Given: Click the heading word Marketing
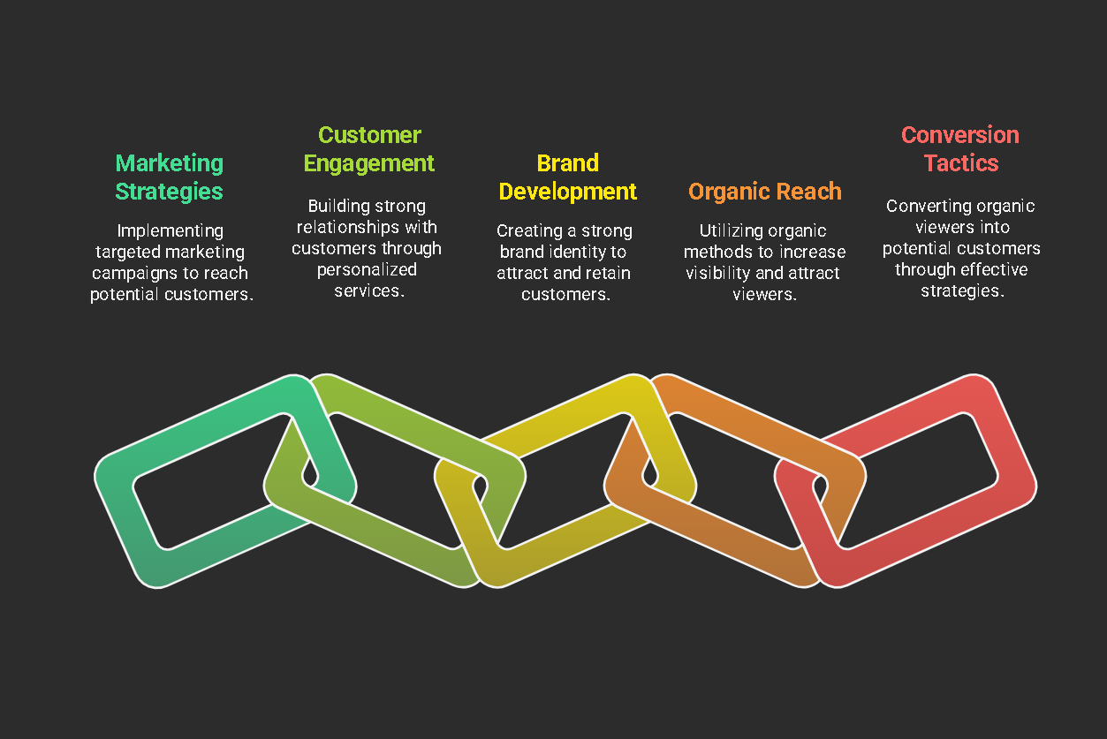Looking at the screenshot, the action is click(169, 164).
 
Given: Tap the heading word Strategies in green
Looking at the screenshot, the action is click(169, 192).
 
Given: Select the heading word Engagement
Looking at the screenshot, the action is click(369, 163).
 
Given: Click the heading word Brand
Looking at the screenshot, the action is click(568, 163).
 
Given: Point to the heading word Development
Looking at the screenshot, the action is click(568, 192).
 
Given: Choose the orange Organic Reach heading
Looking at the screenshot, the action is click(764, 192).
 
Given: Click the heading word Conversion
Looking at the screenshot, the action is click(960, 135).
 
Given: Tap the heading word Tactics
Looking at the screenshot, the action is click(961, 163).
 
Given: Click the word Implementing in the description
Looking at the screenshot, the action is click(170, 231).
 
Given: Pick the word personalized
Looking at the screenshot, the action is click(367, 270).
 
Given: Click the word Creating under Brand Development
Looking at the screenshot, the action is click(529, 231).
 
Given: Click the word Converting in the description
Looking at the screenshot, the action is click(922, 206).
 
